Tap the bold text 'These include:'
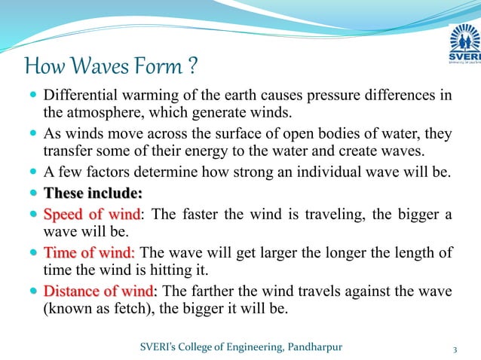88,193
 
